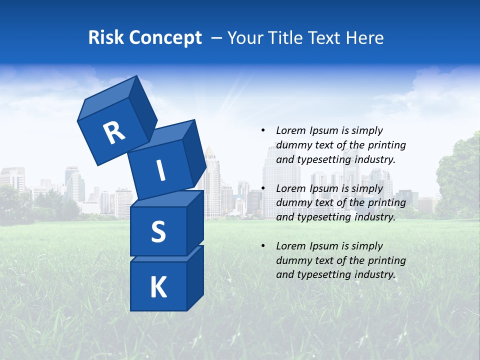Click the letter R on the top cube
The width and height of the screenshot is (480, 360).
click(x=114, y=133)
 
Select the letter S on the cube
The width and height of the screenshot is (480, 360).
click(x=158, y=232)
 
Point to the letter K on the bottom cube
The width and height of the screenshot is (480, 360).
click(x=158, y=287)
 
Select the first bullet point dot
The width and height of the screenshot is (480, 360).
click(x=262, y=130)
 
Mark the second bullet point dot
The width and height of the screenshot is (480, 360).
click(x=262, y=188)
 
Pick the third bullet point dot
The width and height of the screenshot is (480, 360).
click(x=262, y=246)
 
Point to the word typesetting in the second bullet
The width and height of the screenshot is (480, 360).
click(x=323, y=217)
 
